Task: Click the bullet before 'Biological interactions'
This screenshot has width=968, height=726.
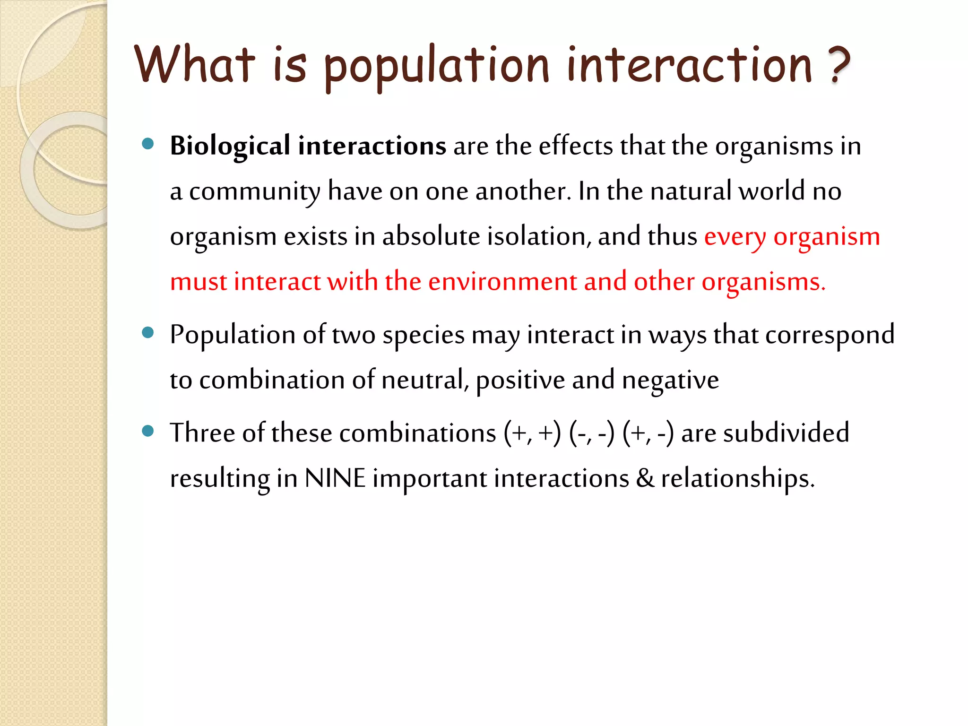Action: [x=148, y=144]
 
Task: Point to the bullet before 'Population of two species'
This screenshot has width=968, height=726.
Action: [x=148, y=333]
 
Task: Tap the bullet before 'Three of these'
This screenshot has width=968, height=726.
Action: [x=148, y=431]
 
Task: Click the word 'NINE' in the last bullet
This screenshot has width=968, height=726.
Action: [x=335, y=478]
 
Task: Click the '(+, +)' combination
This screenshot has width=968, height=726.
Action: [x=532, y=433]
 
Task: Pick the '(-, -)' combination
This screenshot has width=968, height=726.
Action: [x=592, y=433]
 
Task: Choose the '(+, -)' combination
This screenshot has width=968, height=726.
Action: [x=648, y=433]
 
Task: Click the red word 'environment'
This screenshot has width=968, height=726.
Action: [x=502, y=282]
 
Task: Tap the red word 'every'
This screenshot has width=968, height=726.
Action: [x=735, y=237]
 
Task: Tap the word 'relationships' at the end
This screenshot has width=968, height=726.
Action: [x=737, y=478]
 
